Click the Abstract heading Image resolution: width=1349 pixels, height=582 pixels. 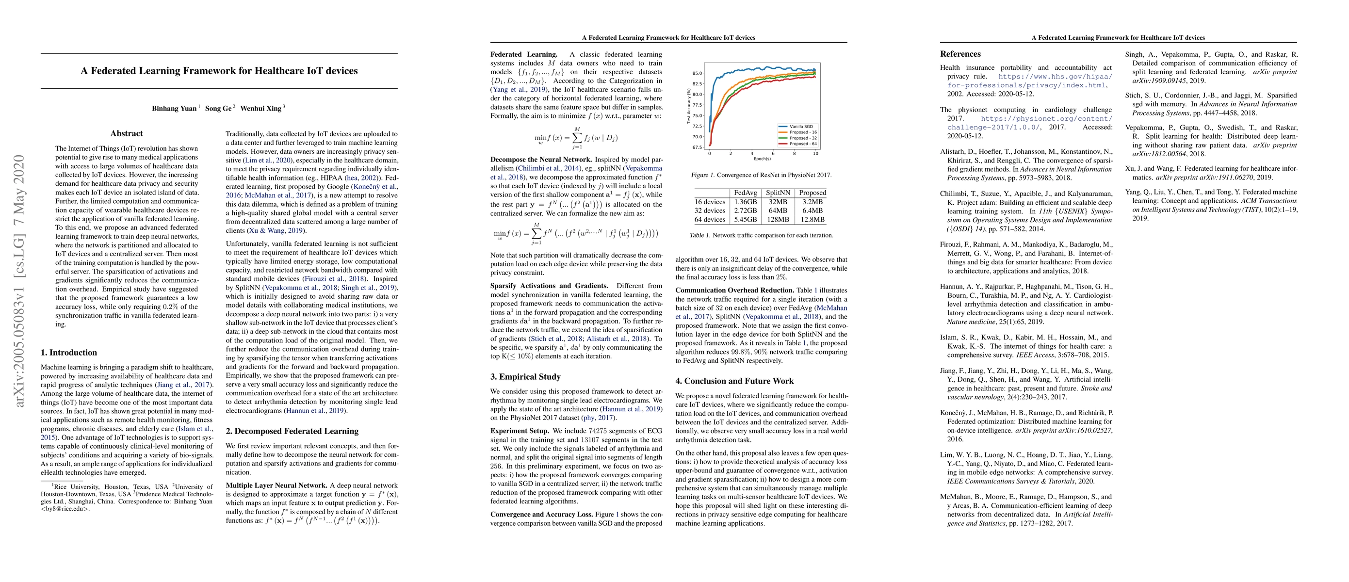coord(127,133)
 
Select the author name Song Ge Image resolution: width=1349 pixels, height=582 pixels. coord(218,108)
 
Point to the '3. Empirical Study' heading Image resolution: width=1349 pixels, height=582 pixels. coord(525,377)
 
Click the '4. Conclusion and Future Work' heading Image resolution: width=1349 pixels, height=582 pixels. coord(734,381)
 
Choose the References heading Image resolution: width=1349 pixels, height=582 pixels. coord(960,54)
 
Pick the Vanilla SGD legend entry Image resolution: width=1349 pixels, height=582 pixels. coord(801,127)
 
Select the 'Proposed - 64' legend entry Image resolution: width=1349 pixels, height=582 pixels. coord(803,144)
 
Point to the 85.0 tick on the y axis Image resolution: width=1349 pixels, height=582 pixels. coord(697,73)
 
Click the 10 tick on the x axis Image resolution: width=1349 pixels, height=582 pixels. coord(815,154)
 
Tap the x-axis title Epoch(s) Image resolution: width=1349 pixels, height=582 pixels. coord(762,159)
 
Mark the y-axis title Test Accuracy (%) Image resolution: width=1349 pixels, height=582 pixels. coord(689,106)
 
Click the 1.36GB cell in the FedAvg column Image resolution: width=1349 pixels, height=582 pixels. coord(745,202)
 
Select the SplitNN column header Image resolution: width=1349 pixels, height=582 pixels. coord(778,193)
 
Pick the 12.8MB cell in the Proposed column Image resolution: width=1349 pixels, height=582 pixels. coord(812,220)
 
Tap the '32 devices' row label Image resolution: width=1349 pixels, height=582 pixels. coord(710,211)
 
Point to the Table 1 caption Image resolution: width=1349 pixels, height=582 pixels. coord(761,236)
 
